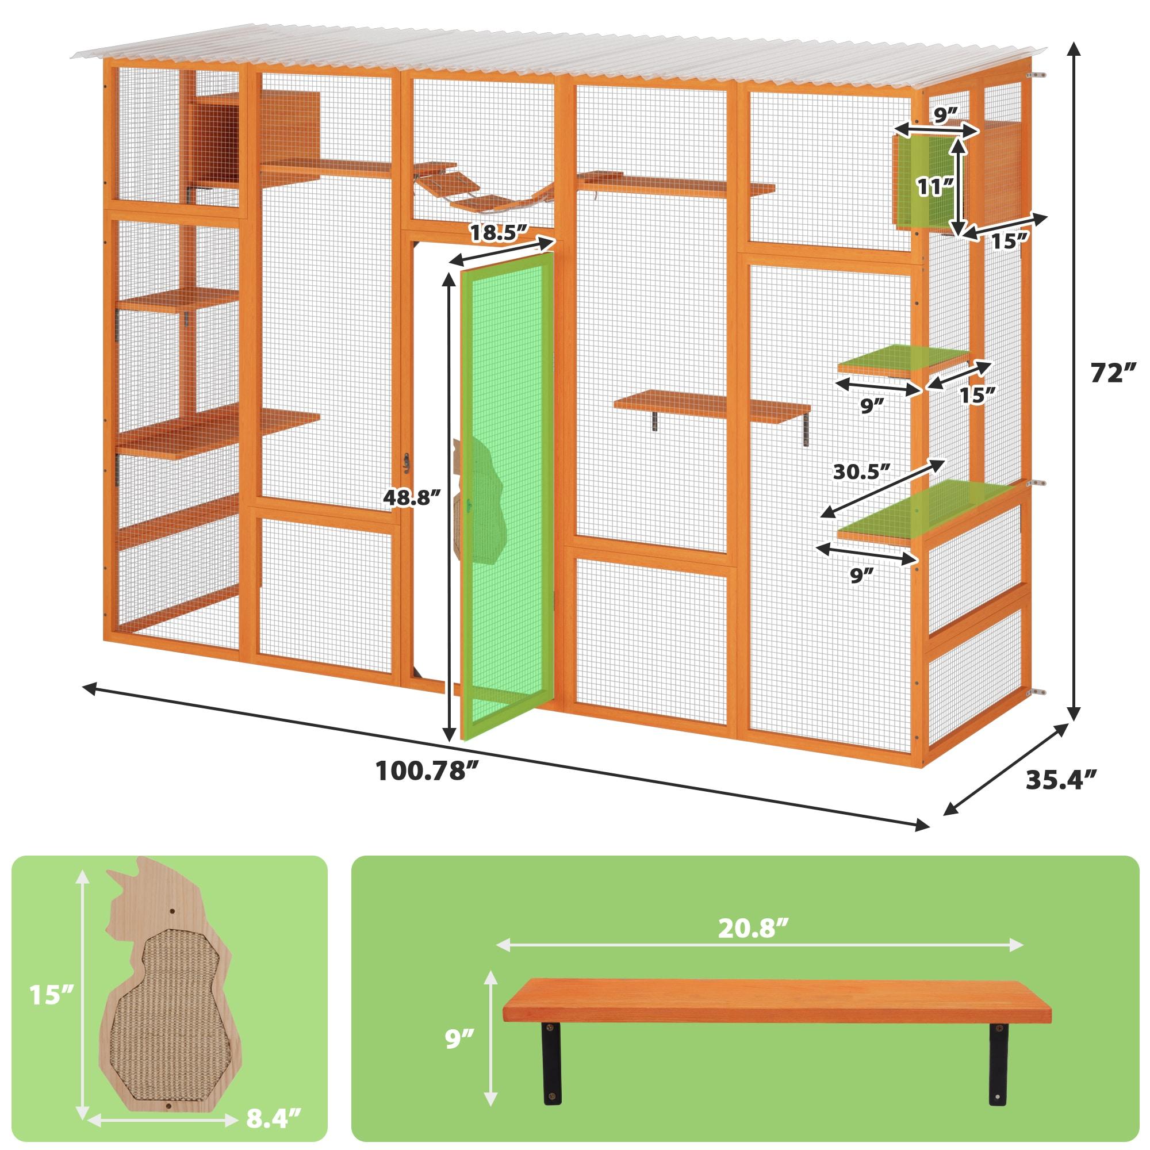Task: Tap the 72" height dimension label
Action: coord(1109,373)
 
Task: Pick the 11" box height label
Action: coord(932,186)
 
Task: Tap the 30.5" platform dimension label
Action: coord(861,471)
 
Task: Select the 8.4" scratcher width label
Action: coord(271,1118)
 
